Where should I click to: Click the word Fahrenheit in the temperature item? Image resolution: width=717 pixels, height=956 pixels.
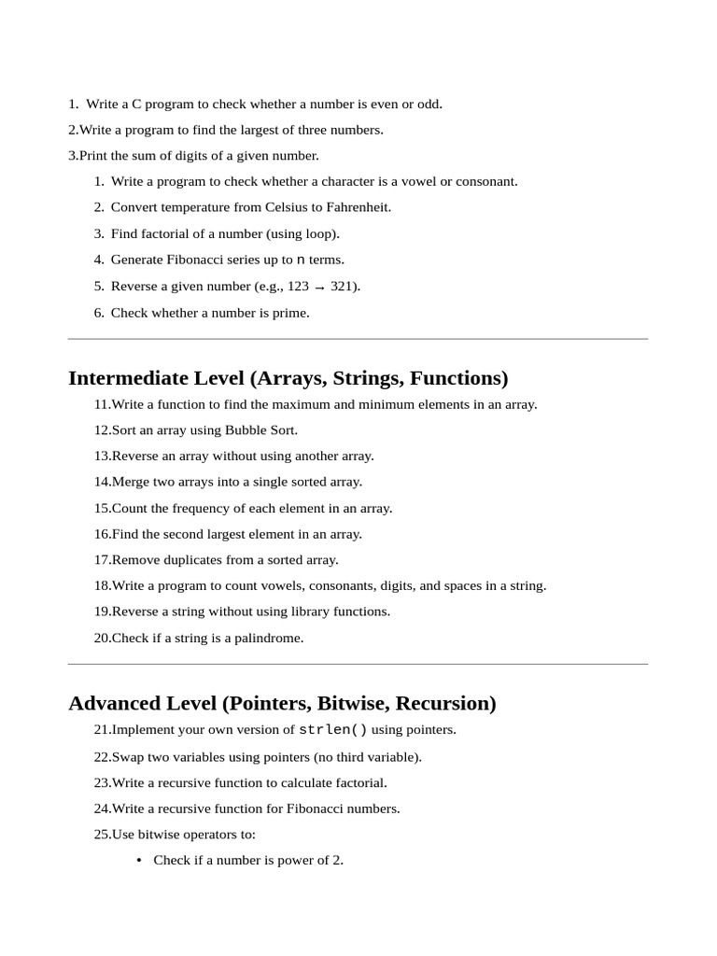(358, 207)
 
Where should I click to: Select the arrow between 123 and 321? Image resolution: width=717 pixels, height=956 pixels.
(319, 288)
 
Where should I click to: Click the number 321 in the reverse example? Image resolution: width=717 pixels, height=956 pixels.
(342, 286)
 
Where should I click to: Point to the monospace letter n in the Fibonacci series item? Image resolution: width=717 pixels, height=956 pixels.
(301, 260)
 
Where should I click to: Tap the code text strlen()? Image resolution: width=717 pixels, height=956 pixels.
(333, 730)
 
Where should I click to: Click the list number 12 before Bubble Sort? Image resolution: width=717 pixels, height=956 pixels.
(102, 430)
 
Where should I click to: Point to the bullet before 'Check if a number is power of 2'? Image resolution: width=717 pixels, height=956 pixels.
(139, 861)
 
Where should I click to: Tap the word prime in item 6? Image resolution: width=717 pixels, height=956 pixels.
(290, 313)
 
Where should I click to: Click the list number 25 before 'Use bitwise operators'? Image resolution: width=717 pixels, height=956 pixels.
(102, 835)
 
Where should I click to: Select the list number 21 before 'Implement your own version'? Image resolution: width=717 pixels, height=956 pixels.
(102, 730)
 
